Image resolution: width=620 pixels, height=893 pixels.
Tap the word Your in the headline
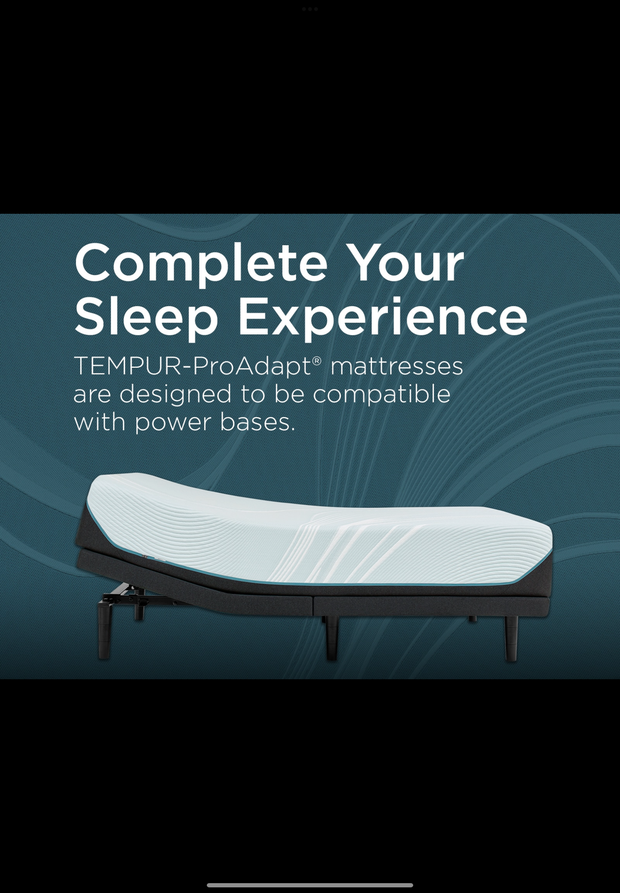pos(405,263)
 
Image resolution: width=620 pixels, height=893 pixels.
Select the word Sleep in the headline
pos(146,317)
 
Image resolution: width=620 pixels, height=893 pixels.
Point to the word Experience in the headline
pos(382,317)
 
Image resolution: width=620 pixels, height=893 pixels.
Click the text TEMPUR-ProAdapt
pos(192,366)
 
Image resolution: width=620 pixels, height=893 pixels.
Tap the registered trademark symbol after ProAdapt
pos(317,360)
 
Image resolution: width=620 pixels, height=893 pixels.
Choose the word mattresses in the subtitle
pos(397,366)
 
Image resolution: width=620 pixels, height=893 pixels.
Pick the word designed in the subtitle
pos(175,394)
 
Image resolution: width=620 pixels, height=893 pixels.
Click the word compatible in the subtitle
pos(381,394)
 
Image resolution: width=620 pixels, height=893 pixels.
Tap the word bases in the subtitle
pos(257,422)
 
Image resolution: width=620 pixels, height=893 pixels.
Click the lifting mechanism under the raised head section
pos(129,595)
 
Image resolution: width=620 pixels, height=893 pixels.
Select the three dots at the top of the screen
pos(310,9)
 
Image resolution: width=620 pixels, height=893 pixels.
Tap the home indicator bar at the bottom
pos(310,885)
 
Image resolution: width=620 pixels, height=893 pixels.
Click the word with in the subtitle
pos(100,422)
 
